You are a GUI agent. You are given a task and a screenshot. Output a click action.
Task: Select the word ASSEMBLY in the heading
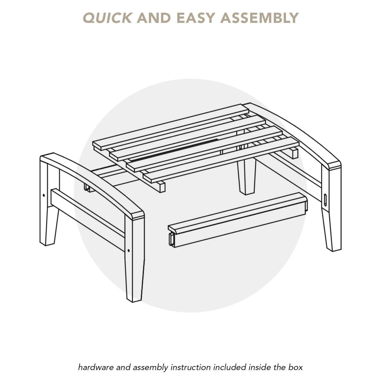point(259,18)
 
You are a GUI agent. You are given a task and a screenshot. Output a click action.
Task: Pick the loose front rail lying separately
point(237,221)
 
